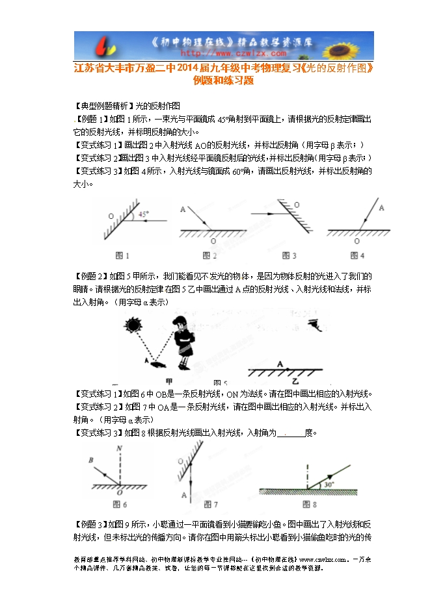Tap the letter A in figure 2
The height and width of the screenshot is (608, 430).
[x=183, y=209]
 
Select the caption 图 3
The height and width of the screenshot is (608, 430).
[x=284, y=255]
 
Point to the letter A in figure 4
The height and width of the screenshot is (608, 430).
[x=381, y=208]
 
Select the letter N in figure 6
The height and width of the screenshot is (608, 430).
[x=118, y=448]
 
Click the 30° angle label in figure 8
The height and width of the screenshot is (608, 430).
[x=330, y=483]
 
